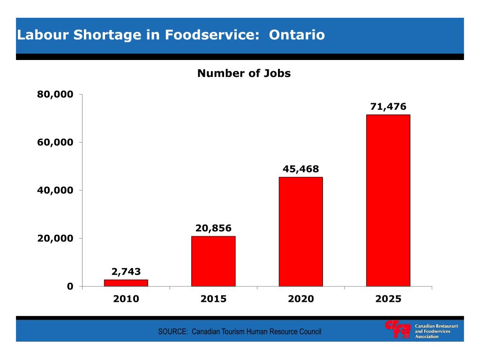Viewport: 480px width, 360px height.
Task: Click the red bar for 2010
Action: point(126,283)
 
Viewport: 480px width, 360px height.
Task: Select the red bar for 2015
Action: point(213,261)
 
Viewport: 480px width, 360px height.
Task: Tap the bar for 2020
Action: point(300,232)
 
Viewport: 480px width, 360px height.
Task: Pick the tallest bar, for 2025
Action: point(388,201)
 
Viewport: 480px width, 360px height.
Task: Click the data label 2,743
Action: point(126,271)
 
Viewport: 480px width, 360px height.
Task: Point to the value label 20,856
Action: point(213,228)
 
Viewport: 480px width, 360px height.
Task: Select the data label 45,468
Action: point(300,169)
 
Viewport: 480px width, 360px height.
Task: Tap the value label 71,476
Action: point(388,106)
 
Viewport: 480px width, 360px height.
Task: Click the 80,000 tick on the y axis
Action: point(55,94)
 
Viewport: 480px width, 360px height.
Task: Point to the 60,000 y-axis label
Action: point(55,142)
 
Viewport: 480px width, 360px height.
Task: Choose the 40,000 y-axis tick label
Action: point(55,190)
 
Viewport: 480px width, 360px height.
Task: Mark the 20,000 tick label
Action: point(55,238)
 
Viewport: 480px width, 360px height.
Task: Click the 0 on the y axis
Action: point(70,286)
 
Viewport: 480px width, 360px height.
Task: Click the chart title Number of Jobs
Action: point(244,74)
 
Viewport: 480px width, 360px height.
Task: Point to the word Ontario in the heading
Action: point(297,35)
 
